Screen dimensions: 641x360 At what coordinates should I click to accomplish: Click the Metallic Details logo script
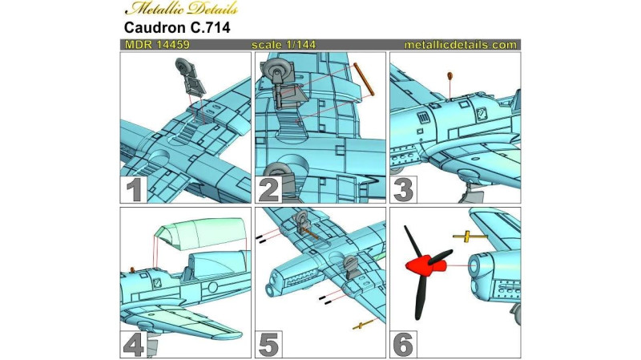pyautogui.click(x=182, y=9)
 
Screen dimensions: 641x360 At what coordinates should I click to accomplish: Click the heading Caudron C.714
pyautogui.click(x=177, y=27)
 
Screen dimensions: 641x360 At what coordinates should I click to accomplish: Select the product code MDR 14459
pyautogui.click(x=157, y=45)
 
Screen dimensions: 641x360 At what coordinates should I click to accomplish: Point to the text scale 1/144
pyautogui.click(x=284, y=45)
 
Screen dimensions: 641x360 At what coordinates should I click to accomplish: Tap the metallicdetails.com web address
pyautogui.click(x=461, y=45)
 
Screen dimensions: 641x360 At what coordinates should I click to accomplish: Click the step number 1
pyautogui.click(x=134, y=190)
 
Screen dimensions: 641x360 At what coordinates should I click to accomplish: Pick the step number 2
pyautogui.click(x=268, y=190)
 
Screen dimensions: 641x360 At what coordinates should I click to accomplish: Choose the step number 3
pyautogui.click(x=403, y=190)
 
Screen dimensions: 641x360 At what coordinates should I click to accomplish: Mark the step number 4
pyautogui.click(x=134, y=345)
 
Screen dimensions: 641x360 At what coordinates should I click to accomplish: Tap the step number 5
pyautogui.click(x=268, y=345)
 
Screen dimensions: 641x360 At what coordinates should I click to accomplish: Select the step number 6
pyautogui.click(x=403, y=345)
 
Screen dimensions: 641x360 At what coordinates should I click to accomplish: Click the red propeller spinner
pyautogui.click(x=425, y=265)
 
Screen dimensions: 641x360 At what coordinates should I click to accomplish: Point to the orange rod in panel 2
pyautogui.click(x=364, y=79)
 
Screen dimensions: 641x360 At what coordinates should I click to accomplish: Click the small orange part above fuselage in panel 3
pyautogui.click(x=450, y=75)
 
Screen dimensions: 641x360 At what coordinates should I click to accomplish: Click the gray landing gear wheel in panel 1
pyautogui.click(x=183, y=66)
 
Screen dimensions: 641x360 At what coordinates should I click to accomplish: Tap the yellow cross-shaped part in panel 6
pyautogui.click(x=470, y=237)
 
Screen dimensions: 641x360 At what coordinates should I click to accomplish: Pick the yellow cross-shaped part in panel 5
pyautogui.click(x=363, y=325)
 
